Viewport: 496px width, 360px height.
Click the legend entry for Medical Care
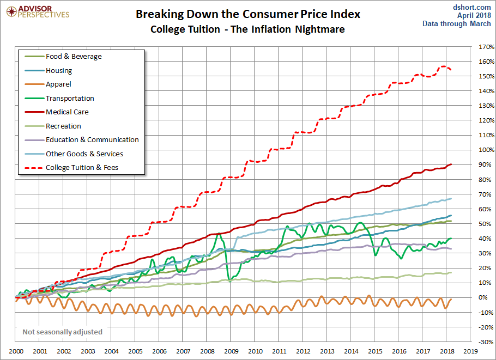point(66,112)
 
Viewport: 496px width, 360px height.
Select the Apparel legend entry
point(58,84)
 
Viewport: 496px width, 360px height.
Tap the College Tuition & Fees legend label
point(82,168)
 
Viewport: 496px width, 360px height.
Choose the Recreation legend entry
point(63,126)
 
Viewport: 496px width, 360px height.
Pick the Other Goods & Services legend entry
point(84,154)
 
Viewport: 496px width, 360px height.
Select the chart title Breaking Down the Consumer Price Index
point(248,14)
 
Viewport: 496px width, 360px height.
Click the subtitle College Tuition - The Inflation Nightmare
point(247,29)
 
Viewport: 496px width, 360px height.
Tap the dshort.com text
point(472,7)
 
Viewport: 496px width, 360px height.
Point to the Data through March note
point(457,24)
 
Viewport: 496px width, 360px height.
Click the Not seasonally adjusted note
point(62,332)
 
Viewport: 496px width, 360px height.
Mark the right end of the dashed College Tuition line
point(451,69)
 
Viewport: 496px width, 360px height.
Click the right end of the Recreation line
point(451,273)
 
